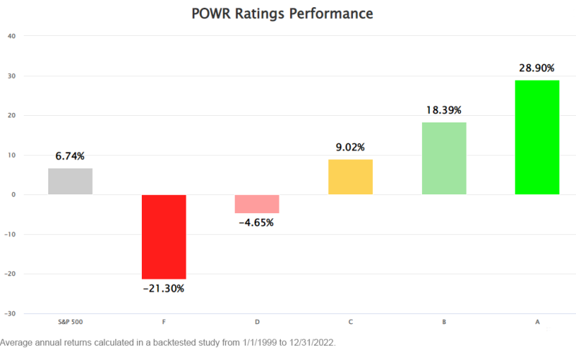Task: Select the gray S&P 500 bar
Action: pyautogui.click(x=70, y=181)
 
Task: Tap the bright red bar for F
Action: pyautogui.click(x=163, y=236)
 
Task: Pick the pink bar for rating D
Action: pyautogui.click(x=257, y=204)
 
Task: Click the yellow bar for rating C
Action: pyautogui.click(x=350, y=177)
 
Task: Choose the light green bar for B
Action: pyautogui.click(x=444, y=158)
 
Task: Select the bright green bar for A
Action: pyautogui.click(x=537, y=138)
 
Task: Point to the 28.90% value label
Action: pyautogui.click(x=537, y=68)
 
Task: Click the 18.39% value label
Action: pyautogui.click(x=444, y=110)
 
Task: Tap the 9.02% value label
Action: pyautogui.click(x=350, y=147)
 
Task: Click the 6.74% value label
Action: pyautogui.click(x=70, y=156)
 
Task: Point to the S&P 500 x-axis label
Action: pyautogui.click(x=70, y=322)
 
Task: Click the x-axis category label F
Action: pyautogui.click(x=163, y=322)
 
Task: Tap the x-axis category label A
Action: pyautogui.click(x=537, y=322)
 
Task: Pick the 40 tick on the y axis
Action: pyautogui.click(x=12, y=36)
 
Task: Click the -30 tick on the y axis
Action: pyautogui.click(x=11, y=314)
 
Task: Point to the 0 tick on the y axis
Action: pyautogui.click(x=14, y=194)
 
